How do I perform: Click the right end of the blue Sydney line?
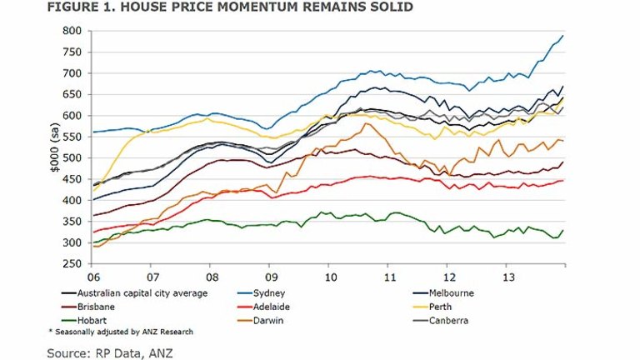(563, 36)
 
